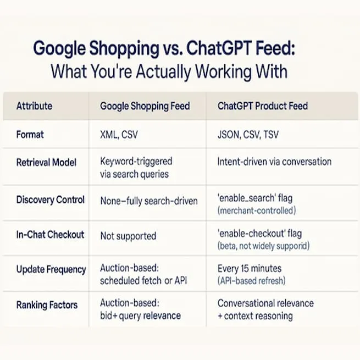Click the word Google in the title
click(x=62, y=49)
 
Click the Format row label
click(x=30, y=135)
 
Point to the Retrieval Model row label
click(x=47, y=162)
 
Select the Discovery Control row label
click(x=51, y=200)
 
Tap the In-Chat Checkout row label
click(x=50, y=235)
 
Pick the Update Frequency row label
click(x=51, y=269)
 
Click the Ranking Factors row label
click(x=47, y=305)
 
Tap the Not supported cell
click(x=128, y=236)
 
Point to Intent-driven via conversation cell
click(x=274, y=162)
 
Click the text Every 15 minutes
click(x=250, y=268)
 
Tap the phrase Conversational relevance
click(x=265, y=303)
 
